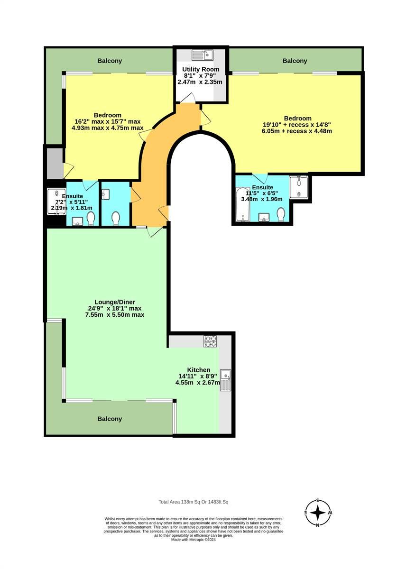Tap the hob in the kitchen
(210, 340)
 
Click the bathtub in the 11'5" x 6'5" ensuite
(243, 204)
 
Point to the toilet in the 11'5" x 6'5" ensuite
(281, 214)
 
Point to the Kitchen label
(198, 370)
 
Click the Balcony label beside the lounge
(110, 419)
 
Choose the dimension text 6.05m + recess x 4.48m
(296, 131)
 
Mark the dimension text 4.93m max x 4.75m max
(107, 128)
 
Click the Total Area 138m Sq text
(194, 502)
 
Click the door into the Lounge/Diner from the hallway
(155, 232)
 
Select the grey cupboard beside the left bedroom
(55, 163)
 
